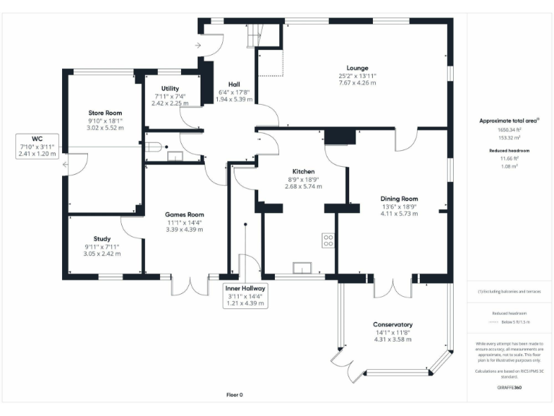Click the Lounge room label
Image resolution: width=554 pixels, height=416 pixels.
tap(357, 68)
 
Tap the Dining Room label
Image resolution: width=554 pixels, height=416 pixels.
tap(399, 199)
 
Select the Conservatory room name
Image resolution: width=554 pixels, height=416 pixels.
tap(392, 324)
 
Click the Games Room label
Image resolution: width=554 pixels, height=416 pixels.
tap(184, 214)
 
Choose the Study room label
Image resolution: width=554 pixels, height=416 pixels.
tap(102, 239)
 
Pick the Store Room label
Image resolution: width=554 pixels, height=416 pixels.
tap(105, 113)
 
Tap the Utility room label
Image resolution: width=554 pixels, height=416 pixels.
tap(170, 88)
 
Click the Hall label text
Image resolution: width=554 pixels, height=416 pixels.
tap(234, 84)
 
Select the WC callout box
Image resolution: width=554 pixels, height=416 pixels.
tap(37, 146)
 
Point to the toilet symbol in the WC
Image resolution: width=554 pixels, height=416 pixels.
tap(153, 147)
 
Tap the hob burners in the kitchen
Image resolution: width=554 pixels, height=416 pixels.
tap(328, 239)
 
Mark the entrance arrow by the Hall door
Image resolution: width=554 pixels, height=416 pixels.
tap(198, 45)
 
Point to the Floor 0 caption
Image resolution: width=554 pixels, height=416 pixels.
tap(235, 395)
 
